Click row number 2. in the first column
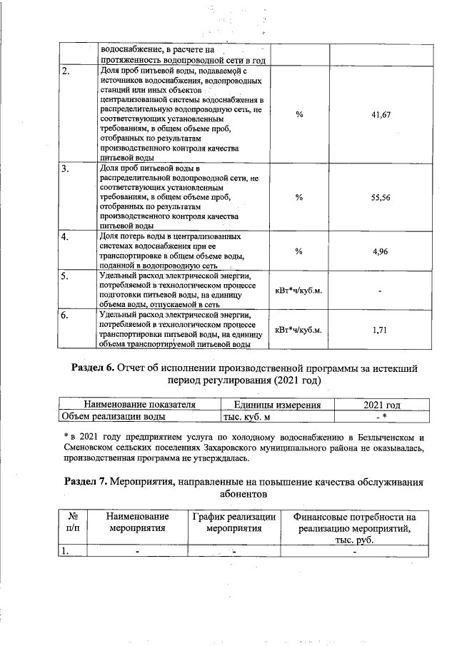65,72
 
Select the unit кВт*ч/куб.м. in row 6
298,330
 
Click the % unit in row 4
299,251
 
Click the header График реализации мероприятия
235,523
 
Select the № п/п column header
71,523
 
